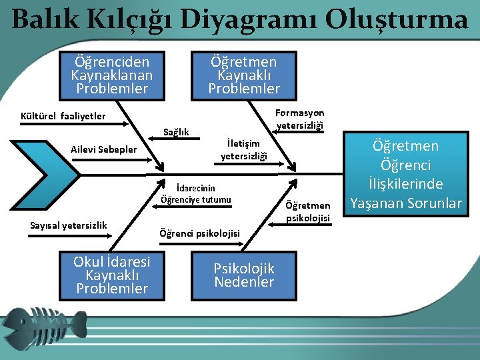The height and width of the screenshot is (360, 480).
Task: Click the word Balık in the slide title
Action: tap(43, 19)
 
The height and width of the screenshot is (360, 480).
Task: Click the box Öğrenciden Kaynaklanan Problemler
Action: tap(112, 74)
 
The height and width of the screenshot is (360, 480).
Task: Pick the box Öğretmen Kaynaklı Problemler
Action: tap(244, 74)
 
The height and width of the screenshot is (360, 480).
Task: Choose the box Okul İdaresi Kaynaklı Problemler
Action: tap(112, 275)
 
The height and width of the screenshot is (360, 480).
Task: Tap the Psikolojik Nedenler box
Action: tap(244, 275)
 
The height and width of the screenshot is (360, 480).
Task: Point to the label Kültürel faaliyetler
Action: tap(63, 115)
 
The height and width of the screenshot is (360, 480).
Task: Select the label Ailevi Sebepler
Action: tap(103, 149)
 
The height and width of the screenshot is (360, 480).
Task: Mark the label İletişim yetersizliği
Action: tap(244, 150)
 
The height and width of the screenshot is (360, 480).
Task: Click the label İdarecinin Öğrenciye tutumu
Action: tap(196, 193)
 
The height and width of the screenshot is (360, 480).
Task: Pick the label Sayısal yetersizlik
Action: tap(69, 225)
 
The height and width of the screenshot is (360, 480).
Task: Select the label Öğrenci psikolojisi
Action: tap(199, 233)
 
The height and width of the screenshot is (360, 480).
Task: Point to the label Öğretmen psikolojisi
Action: tap(307, 211)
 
